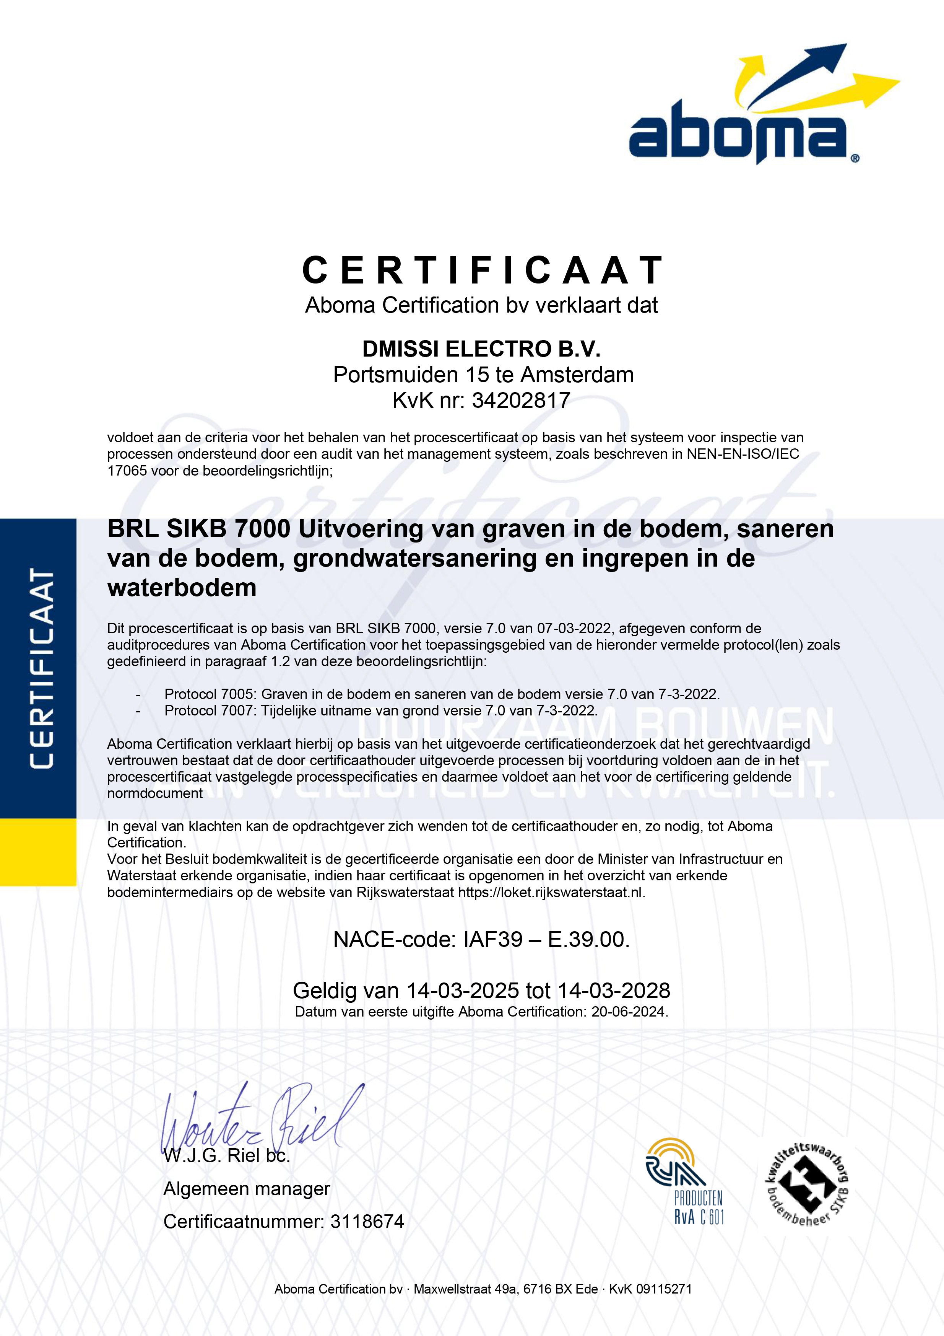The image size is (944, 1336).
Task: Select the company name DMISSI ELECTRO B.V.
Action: click(481, 349)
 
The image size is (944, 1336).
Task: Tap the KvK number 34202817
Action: click(521, 400)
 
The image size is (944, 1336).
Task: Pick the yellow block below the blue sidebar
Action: click(38, 852)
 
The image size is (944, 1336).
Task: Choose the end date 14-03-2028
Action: click(614, 991)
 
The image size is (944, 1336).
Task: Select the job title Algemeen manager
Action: click(247, 1189)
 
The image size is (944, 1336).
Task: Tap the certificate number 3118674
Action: click(367, 1221)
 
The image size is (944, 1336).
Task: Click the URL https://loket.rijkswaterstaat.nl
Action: click(551, 893)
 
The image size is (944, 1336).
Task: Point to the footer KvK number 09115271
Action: click(664, 1289)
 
